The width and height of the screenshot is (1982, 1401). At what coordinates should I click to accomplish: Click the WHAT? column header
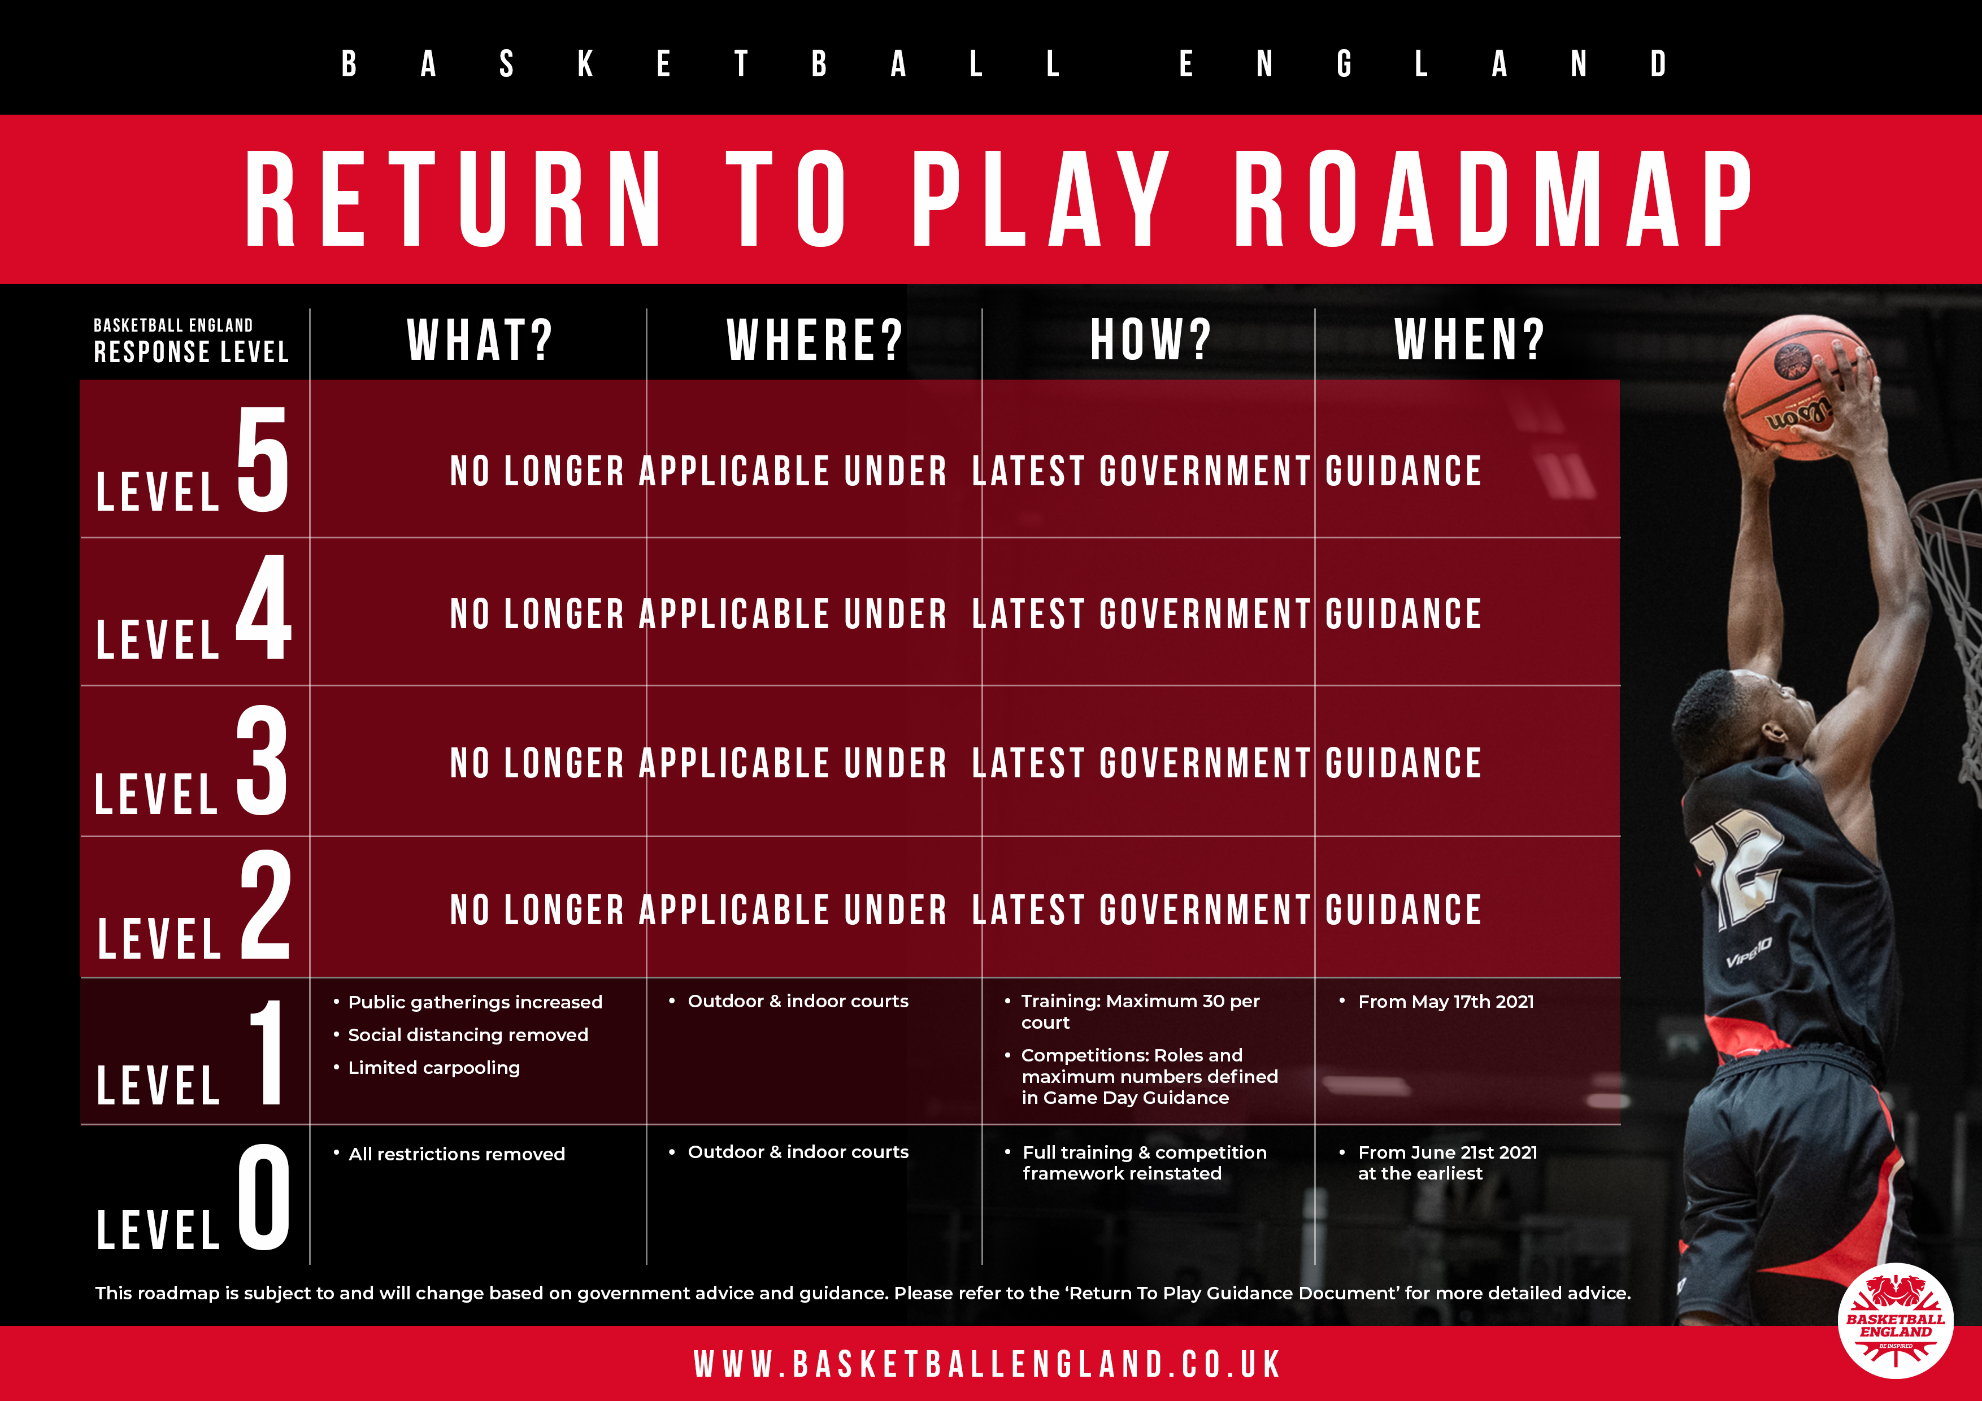pyautogui.click(x=480, y=340)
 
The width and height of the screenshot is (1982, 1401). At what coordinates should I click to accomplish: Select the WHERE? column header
pyautogui.click(x=815, y=340)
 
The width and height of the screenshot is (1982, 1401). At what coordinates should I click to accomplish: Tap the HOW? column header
pyautogui.click(x=1151, y=340)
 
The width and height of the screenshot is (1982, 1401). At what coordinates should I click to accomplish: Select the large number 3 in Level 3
pyautogui.click(x=262, y=760)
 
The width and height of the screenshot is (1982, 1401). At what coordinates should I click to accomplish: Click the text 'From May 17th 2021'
pyautogui.click(x=1446, y=1002)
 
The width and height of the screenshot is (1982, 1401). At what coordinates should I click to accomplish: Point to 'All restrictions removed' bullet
pyautogui.click(x=457, y=1154)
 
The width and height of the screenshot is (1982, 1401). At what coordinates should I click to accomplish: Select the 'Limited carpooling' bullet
pyautogui.click(x=433, y=1068)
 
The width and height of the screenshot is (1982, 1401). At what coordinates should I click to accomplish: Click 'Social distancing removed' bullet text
pyautogui.click(x=468, y=1035)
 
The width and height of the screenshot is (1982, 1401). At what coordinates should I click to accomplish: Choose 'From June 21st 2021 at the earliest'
pyautogui.click(x=1448, y=1163)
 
